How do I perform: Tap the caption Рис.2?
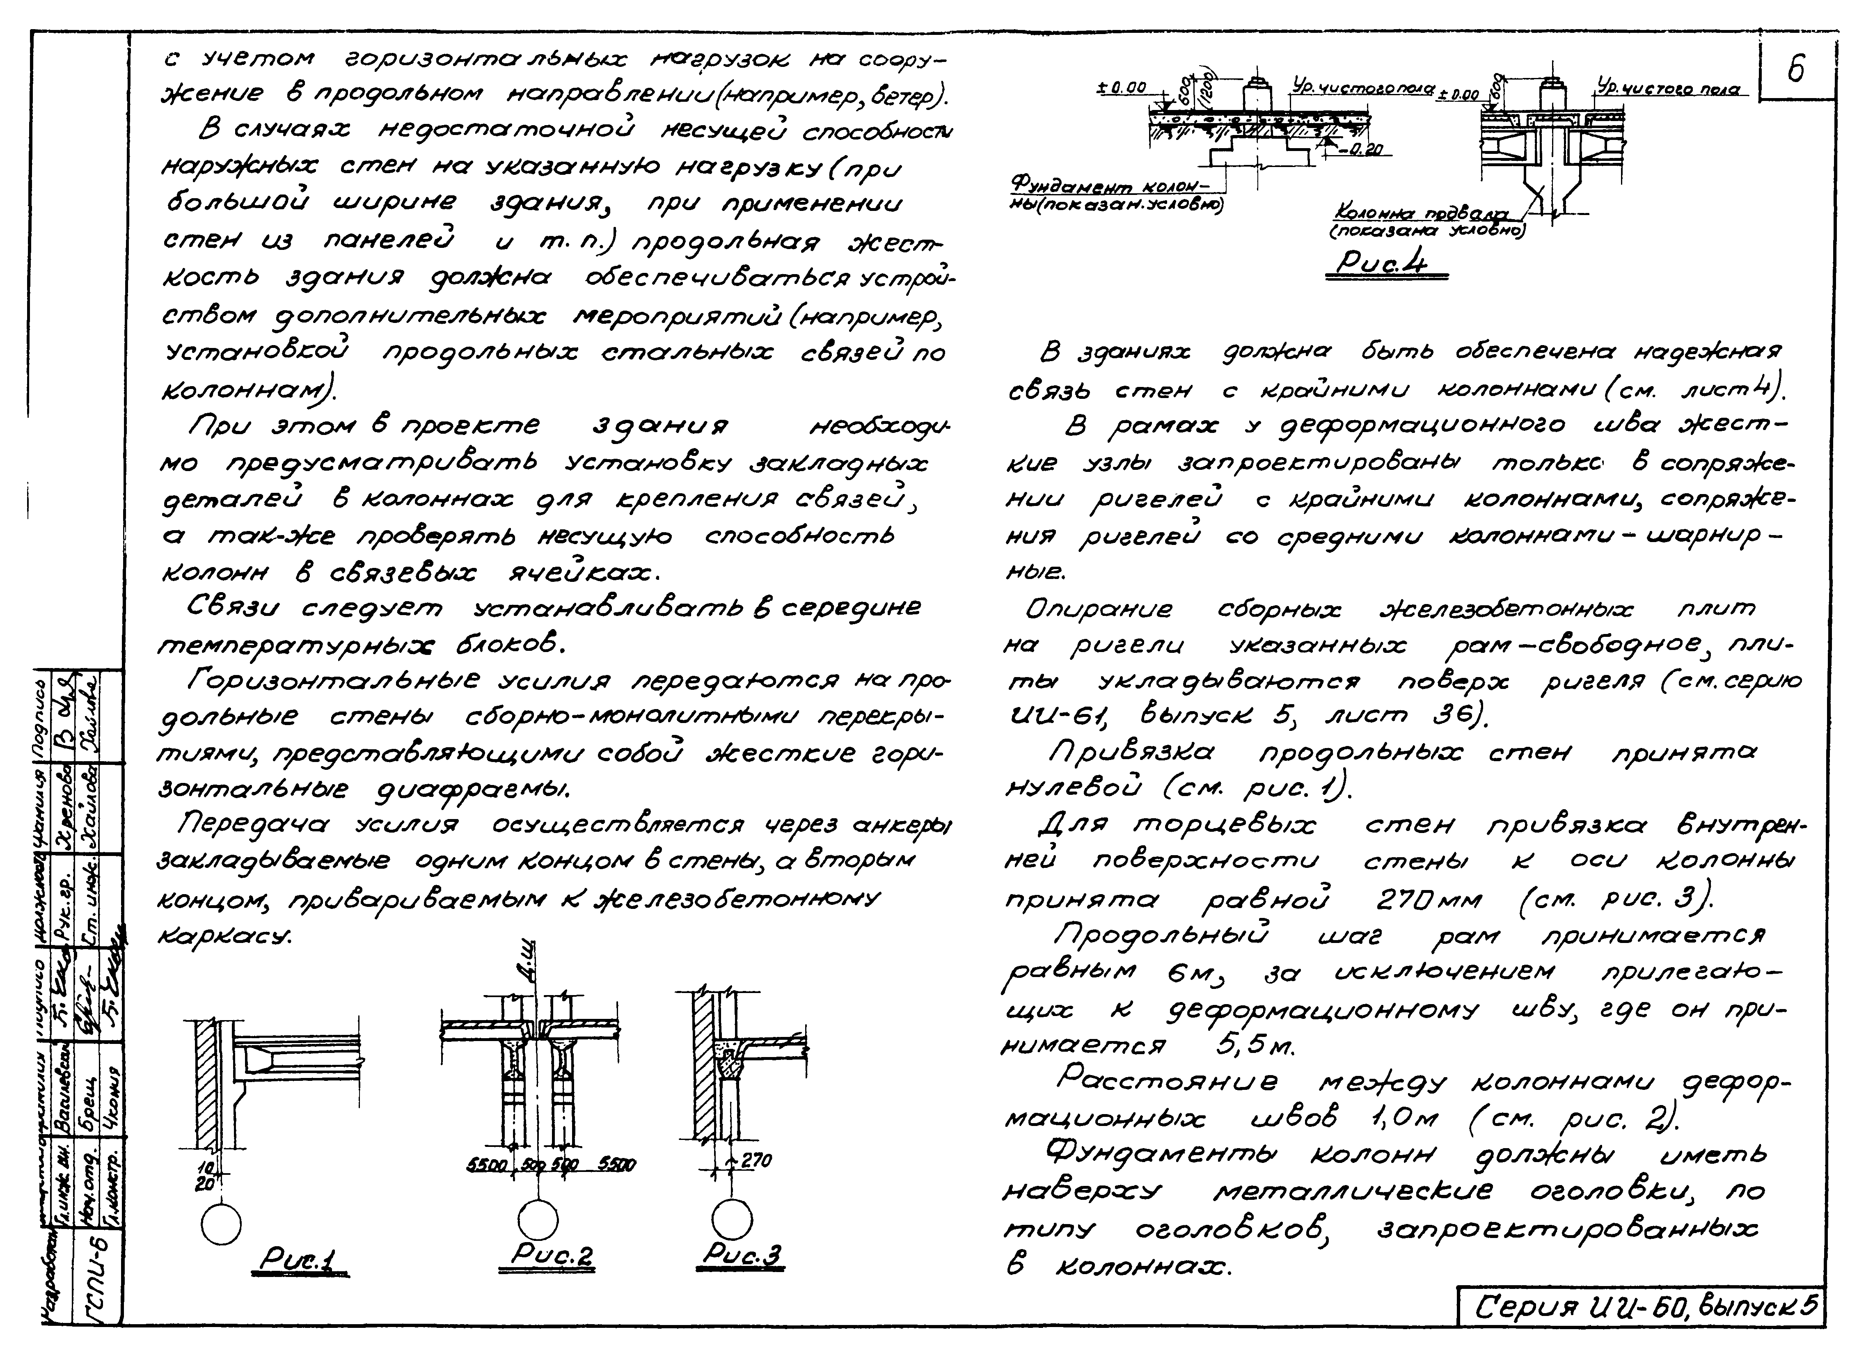tap(551, 1254)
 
